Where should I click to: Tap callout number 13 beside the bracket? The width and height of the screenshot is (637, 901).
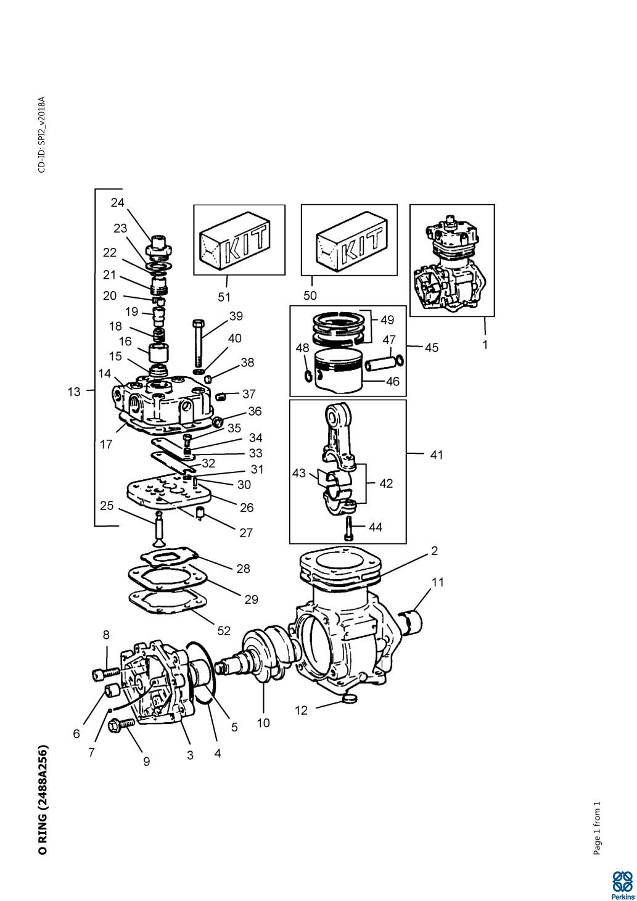(x=74, y=392)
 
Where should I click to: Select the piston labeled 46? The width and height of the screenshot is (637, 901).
(x=339, y=371)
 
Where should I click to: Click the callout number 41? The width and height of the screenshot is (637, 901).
(x=437, y=455)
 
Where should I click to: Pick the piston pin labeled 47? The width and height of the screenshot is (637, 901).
(x=380, y=363)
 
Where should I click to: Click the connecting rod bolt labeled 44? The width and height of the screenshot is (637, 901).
(x=348, y=529)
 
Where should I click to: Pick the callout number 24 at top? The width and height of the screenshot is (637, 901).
(x=117, y=203)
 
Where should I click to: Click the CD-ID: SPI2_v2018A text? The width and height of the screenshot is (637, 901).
(x=42, y=134)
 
